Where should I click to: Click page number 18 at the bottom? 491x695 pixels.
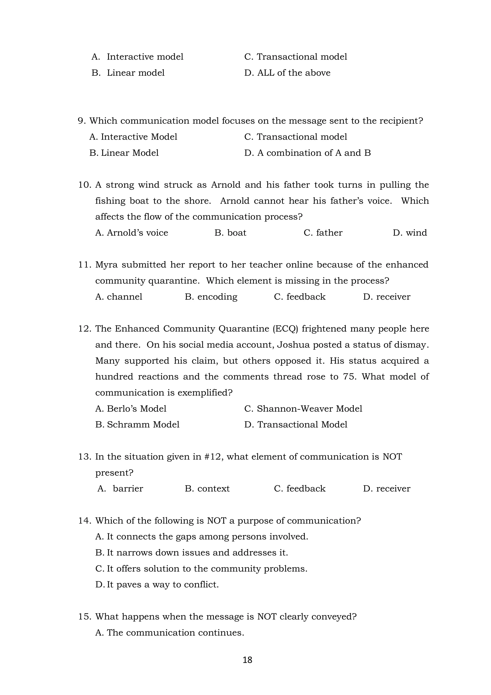point(247,659)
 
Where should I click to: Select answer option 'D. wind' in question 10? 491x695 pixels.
point(410,232)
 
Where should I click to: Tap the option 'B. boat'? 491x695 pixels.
point(230,232)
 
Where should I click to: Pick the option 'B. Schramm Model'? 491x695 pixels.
point(137,424)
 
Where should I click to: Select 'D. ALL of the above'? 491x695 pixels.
point(287,73)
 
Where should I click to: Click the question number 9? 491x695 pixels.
point(81,121)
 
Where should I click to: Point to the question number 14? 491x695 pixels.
point(84,521)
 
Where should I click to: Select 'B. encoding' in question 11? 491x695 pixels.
point(211,297)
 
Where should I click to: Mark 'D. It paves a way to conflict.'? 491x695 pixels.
point(157,584)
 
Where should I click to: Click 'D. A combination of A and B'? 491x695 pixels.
point(307,153)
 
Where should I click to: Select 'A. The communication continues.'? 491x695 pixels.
point(170,633)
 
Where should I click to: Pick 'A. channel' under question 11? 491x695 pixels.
point(119,297)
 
